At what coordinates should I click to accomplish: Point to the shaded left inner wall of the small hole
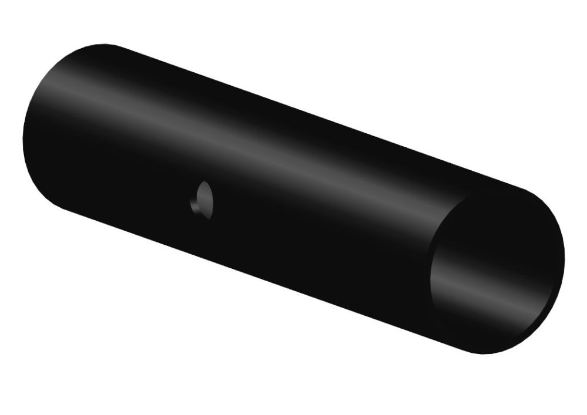click(196, 203)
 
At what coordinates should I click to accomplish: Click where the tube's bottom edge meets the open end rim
click(464, 346)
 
